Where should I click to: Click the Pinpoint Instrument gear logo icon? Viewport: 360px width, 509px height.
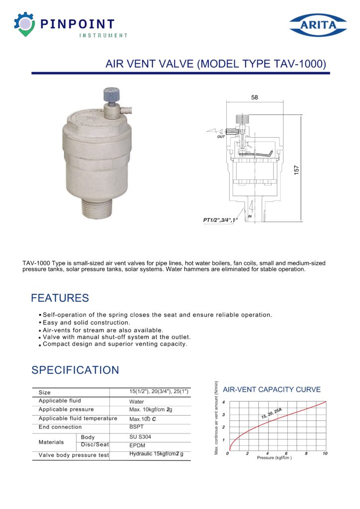pos(24,25)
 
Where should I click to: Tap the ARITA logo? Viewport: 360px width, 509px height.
pos(318,25)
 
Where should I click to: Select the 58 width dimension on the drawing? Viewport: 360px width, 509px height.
pos(255,98)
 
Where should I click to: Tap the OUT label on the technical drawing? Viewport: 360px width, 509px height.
pos(221,136)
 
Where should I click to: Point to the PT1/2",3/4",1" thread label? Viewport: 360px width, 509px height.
pos(221,219)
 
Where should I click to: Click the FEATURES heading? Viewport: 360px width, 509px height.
pos(60,298)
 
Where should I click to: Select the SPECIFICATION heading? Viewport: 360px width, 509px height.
pos(75,370)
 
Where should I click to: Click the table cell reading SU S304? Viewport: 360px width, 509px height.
pos(140,436)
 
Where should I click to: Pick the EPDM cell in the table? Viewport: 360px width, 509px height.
pos(137,446)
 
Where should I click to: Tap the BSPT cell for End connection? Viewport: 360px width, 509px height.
pos(136,426)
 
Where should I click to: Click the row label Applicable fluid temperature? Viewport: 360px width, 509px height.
pos(78,419)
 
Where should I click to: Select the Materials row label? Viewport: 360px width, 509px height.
pos(51,442)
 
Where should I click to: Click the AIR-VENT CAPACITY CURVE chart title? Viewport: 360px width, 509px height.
pos(271,389)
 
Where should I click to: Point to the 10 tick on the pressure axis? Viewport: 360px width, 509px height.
pos(325,454)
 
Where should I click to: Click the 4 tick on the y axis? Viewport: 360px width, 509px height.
pos(224,402)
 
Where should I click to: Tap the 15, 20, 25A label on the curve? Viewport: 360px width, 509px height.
pos(271,413)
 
